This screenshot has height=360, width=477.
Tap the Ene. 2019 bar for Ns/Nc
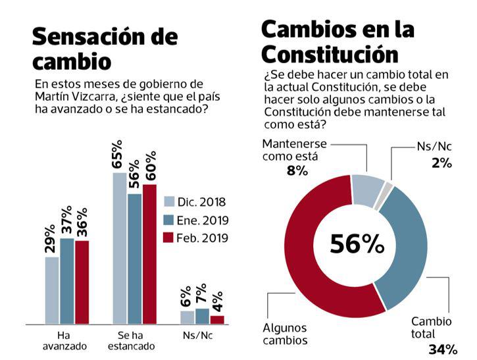pyautogui.click(x=202, y=316)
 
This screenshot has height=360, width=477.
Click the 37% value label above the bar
pyautogui.click(x=66, y=220)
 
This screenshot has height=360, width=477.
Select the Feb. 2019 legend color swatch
pyautogui.click(x=169, y=238)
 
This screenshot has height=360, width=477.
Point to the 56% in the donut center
pyautogui.click(x=357, y=244)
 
